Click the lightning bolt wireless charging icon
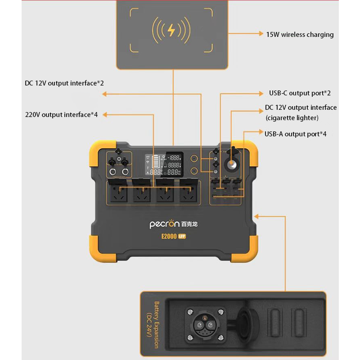171,30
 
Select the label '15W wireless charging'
300,35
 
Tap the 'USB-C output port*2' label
300,93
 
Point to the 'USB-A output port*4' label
295,134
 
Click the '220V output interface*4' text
61,114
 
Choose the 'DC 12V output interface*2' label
64,83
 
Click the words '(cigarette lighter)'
292,118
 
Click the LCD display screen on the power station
163,165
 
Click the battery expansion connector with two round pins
205,325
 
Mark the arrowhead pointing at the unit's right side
257,217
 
